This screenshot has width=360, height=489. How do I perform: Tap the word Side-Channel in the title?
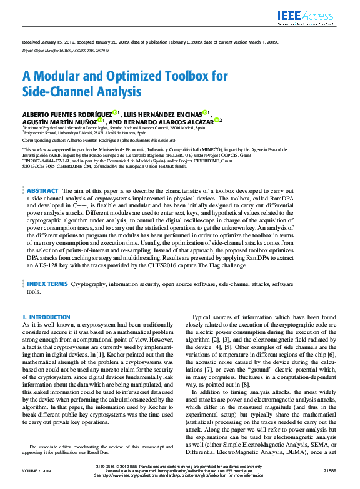(x=56, y=92)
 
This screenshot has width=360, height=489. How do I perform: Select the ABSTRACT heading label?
(x=43, y=190)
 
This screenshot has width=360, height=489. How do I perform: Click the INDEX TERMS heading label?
(x=47, y=283)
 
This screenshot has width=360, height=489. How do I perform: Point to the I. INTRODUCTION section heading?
(x=46, y=317)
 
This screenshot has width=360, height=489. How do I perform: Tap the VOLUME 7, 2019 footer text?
(x=41, y=469)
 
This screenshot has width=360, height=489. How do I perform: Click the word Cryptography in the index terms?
(x=92, y=283)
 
